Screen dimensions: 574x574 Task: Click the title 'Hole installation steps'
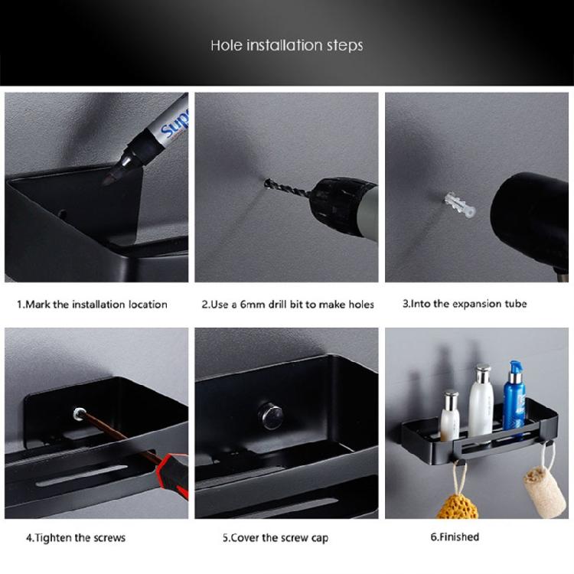click(x=286, y=45)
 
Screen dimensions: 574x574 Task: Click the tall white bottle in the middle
click(x=481, y=403)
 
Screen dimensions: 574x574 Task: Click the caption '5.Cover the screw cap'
click(x=275, y=537)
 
